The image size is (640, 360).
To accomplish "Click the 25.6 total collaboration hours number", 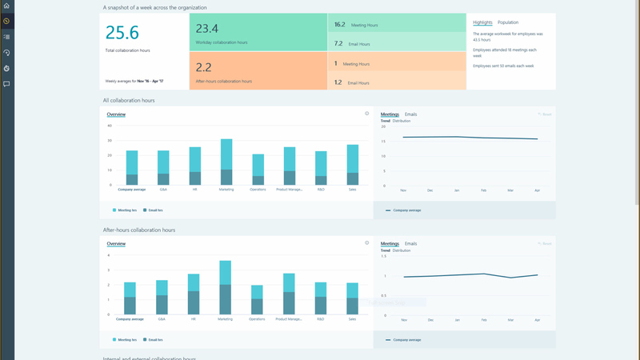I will point(122,33).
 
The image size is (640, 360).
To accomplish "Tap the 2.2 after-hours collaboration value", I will point(204,67).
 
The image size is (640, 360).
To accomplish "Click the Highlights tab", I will point(482,22).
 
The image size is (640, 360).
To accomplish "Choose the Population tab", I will point(508,22).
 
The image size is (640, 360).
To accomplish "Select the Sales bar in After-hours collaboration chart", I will point(352,298).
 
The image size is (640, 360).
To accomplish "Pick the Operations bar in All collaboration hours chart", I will point(258,170).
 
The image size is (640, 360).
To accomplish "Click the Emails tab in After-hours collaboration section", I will point(410,243).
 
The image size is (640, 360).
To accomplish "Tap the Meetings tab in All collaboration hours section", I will point(390,114).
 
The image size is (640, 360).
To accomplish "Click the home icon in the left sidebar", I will point(6,6).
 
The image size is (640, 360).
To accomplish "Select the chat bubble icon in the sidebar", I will point(6,84).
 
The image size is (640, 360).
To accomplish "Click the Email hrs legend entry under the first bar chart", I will point(154,210).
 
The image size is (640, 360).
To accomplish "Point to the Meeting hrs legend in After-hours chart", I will point(126,340).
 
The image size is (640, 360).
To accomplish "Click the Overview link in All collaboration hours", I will point(116,114).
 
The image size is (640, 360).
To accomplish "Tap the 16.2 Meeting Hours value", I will point(340,25).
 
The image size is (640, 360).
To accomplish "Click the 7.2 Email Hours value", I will point(338,44).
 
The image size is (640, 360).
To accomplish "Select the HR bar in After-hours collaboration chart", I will point(194,294).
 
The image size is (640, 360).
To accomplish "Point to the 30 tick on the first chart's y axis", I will point(110,139).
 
